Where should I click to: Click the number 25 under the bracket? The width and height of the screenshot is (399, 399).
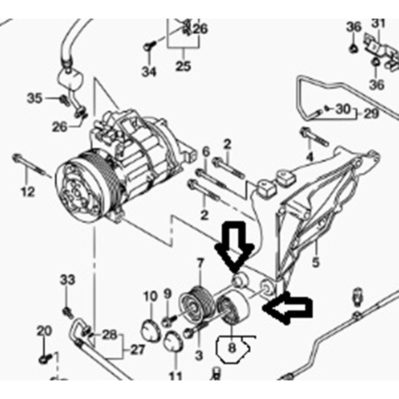click(184, 66)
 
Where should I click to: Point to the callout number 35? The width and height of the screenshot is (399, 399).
click(35, 98)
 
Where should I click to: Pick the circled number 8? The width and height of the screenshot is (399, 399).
click(232, 348)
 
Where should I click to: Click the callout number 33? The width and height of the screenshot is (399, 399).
click(67, 280)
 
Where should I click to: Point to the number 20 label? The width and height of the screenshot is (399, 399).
click(44, 331)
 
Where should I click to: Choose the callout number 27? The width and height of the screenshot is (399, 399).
click(138, 350)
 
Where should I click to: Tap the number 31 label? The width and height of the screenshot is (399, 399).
click(378, 23)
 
